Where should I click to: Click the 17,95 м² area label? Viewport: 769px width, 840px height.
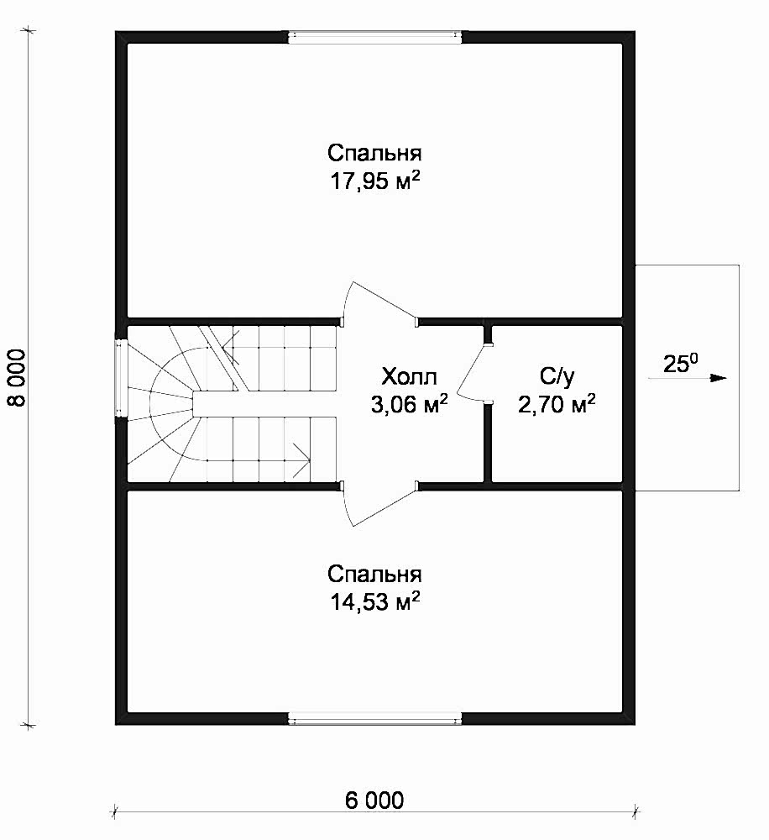374,181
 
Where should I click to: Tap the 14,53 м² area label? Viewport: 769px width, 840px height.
374,602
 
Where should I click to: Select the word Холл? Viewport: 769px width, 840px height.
409,376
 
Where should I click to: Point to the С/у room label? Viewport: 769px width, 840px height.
557,376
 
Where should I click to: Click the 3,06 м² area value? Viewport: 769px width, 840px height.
409,405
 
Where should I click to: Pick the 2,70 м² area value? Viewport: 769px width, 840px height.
557,405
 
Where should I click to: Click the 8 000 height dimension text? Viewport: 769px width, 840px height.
18,378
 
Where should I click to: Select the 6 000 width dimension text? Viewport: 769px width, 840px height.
374,801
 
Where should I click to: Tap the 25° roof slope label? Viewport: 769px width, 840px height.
680,364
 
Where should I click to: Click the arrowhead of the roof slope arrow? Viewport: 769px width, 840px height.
719,378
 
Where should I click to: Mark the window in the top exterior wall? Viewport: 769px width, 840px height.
375,36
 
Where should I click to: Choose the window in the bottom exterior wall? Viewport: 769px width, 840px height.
375,718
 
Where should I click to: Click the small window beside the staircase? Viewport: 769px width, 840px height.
122,378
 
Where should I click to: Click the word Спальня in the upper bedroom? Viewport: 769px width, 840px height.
374,153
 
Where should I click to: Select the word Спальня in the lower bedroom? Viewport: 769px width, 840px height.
374,575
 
